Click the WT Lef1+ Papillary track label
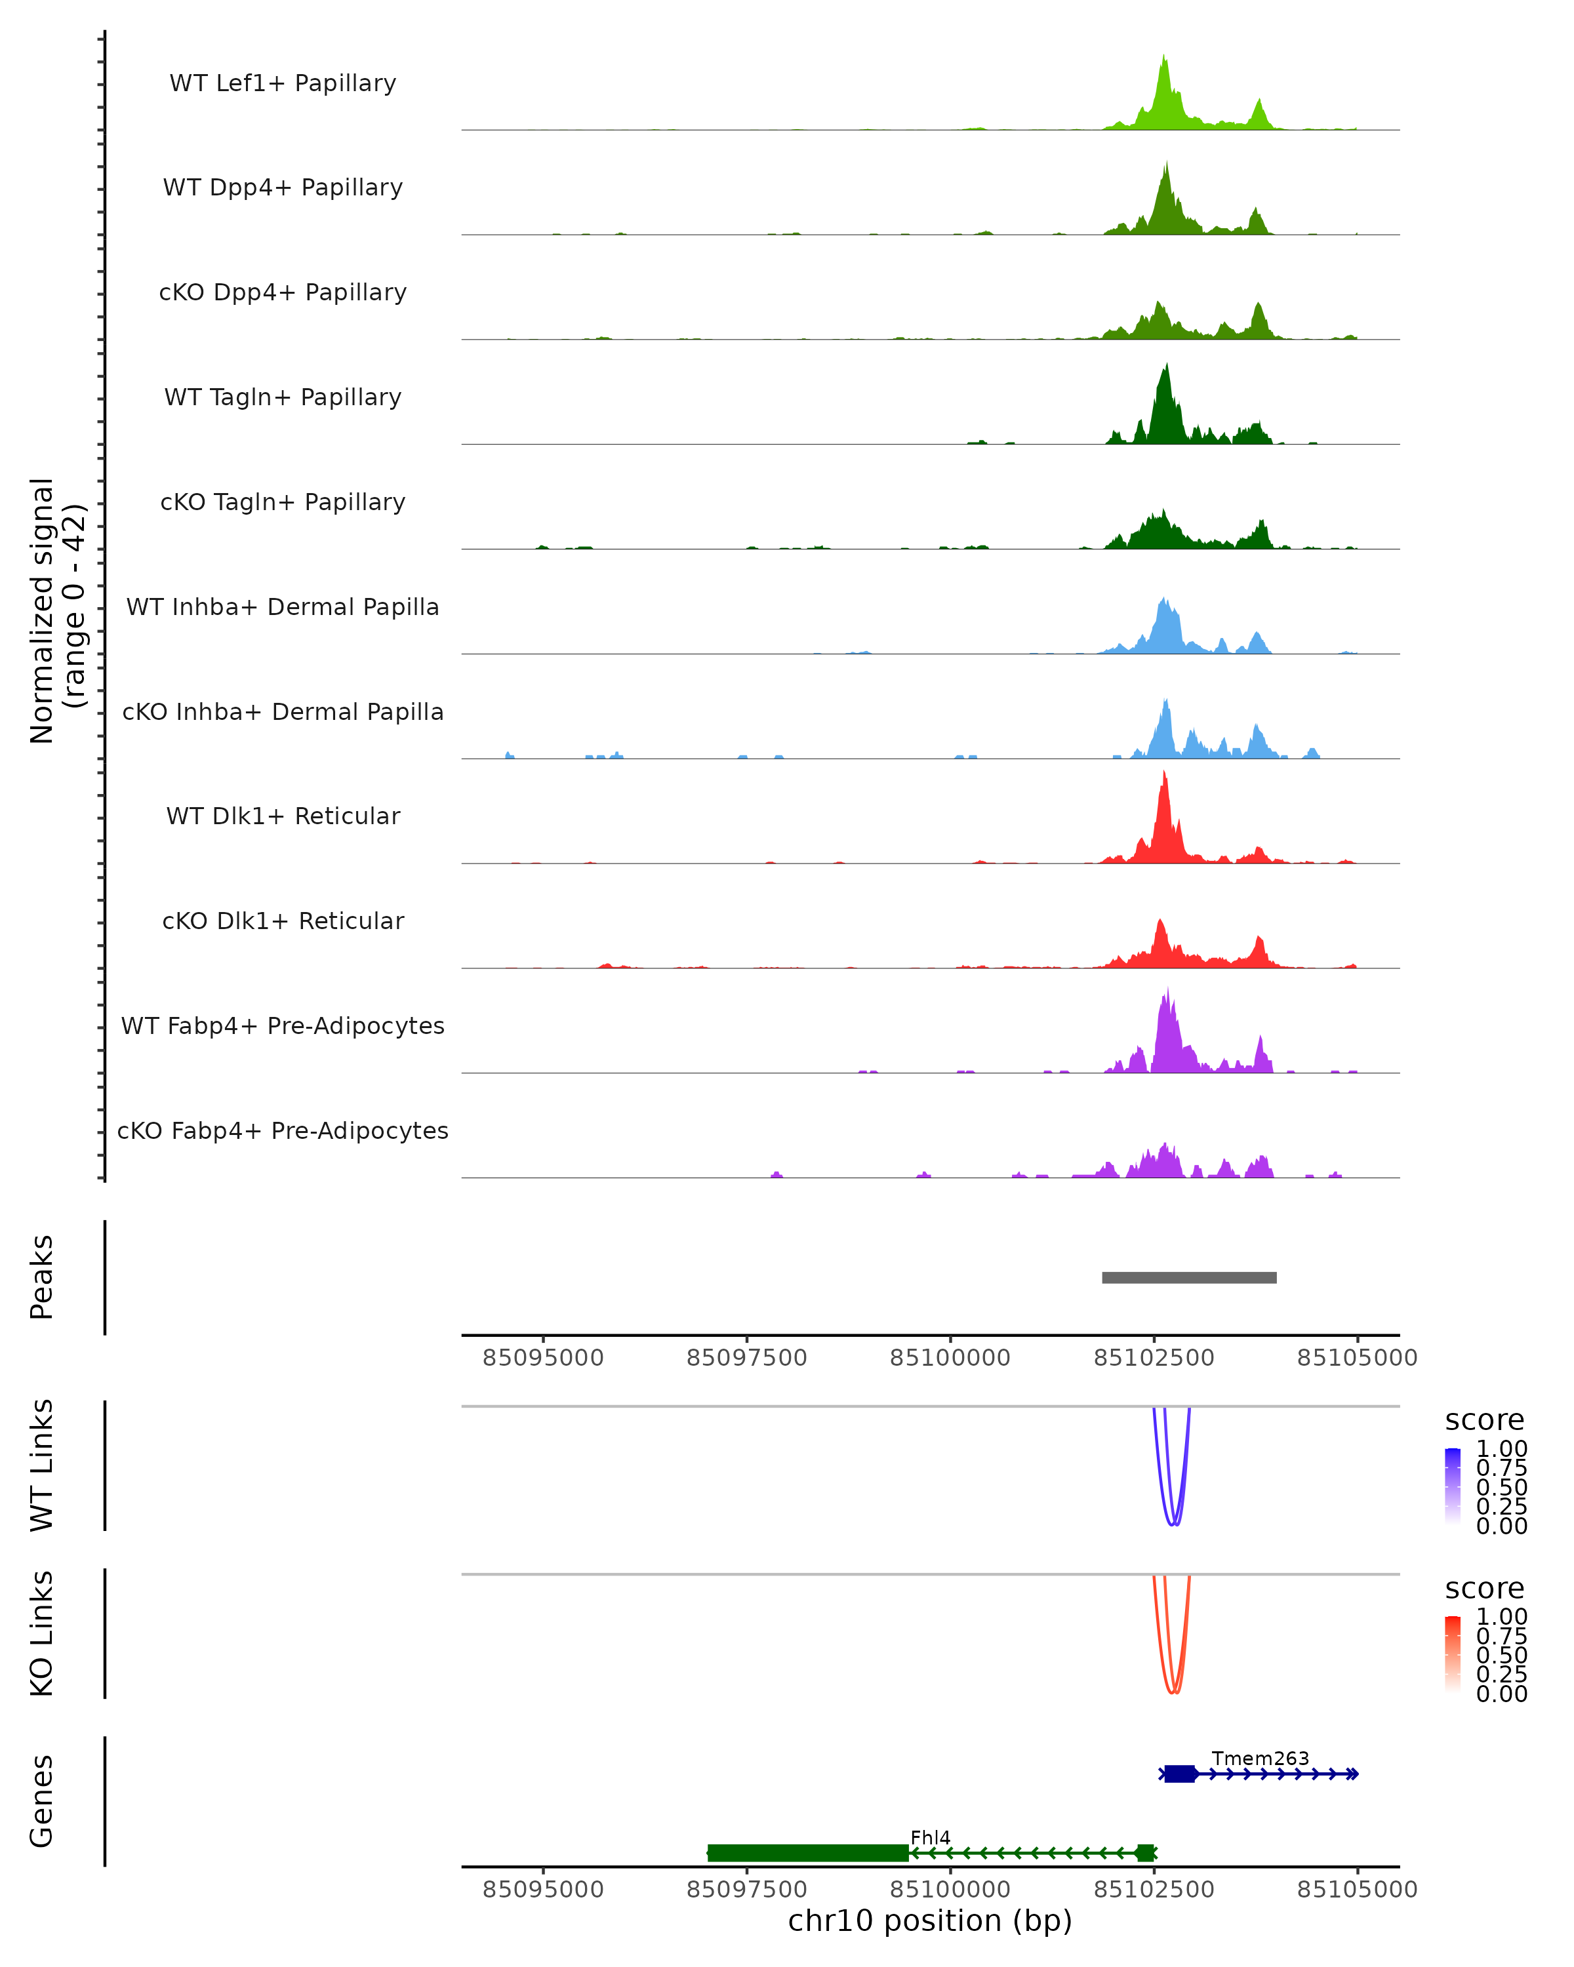tap(283, 83)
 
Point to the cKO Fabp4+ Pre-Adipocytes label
tap(283, 1130)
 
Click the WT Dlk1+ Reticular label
tap(283, 816)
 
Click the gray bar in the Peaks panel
tap(1189, 1277)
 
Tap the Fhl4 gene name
tap(930, 1837)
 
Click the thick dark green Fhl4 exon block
tap(807, 1853)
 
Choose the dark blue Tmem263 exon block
tap(1180, 1774)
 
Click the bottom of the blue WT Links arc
tap(1173, 1524)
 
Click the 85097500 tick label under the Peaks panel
tap(746, 1358)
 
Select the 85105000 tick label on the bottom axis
tap(1357, 1890)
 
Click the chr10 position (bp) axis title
tap(930, 1921)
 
